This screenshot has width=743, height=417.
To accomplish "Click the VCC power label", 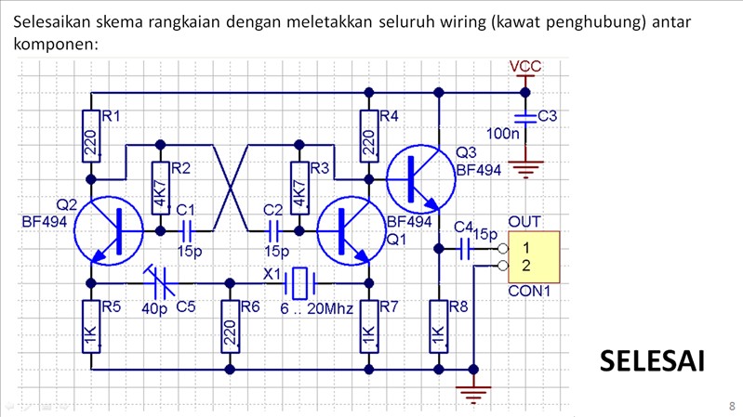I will (525, 67).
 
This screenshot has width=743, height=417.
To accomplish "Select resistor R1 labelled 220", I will (91, 137).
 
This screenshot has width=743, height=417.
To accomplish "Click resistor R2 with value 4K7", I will (160, 188).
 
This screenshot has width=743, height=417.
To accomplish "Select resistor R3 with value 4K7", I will (299, 188).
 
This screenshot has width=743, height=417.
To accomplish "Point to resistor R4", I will (369, 137).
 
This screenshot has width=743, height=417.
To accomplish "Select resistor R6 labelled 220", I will (230, 327).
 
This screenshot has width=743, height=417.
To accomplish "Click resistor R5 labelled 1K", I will (91, 327).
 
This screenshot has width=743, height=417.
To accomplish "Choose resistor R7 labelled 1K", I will (369, 327).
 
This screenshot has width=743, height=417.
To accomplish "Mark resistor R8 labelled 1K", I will (439, 327).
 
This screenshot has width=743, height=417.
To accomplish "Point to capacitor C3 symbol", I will (525, 118).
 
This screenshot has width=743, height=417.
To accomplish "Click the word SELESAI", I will (652, 361).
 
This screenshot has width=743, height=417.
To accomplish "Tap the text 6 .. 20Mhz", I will (317, 308).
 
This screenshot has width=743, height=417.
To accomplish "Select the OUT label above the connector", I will (524, 222).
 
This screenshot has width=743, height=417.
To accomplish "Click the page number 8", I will (732, 407).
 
